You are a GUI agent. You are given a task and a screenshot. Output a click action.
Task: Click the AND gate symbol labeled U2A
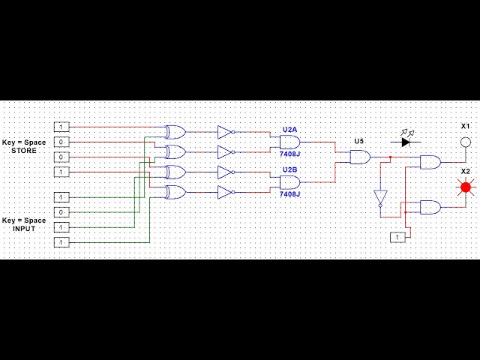click(x=289, y=142)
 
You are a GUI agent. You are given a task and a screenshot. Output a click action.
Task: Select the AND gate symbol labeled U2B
click(x=289, y=182)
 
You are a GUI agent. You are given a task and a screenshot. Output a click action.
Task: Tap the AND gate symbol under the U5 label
click(x=360, y=157)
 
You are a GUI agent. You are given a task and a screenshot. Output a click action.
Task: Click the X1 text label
click(x=465, y=125)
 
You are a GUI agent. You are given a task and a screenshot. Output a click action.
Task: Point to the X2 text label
click(x=465, y=171)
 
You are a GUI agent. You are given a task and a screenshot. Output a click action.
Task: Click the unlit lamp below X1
click(x=465, y=142)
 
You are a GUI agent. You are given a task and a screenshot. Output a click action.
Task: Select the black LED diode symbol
click(x=406, y=142)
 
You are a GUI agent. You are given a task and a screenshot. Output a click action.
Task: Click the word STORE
click(x=24, y=151)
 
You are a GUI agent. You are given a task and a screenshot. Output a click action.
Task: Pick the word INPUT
click(x=24, y=229)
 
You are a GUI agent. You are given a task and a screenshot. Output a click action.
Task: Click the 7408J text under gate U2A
click(x=289, y=154)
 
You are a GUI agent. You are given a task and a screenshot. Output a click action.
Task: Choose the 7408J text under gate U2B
click(x=289, y=194)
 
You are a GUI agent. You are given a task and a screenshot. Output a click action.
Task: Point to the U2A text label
click(x=289, y=130)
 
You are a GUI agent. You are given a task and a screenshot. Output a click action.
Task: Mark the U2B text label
click(x=289, y=169)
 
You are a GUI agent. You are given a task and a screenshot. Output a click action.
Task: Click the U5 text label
click(x=358, y=141)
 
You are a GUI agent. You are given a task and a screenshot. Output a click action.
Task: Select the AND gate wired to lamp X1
click(x=430, y=162)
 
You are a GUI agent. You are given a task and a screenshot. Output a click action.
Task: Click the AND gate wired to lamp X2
click(x=430, y=207)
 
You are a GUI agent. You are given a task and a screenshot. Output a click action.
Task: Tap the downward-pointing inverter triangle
click(x=380, y=198)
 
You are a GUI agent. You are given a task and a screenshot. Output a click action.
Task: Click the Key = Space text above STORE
click(x=24, y=142)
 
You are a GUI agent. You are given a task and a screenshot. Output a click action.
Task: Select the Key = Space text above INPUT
click(x=24, y=220)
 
